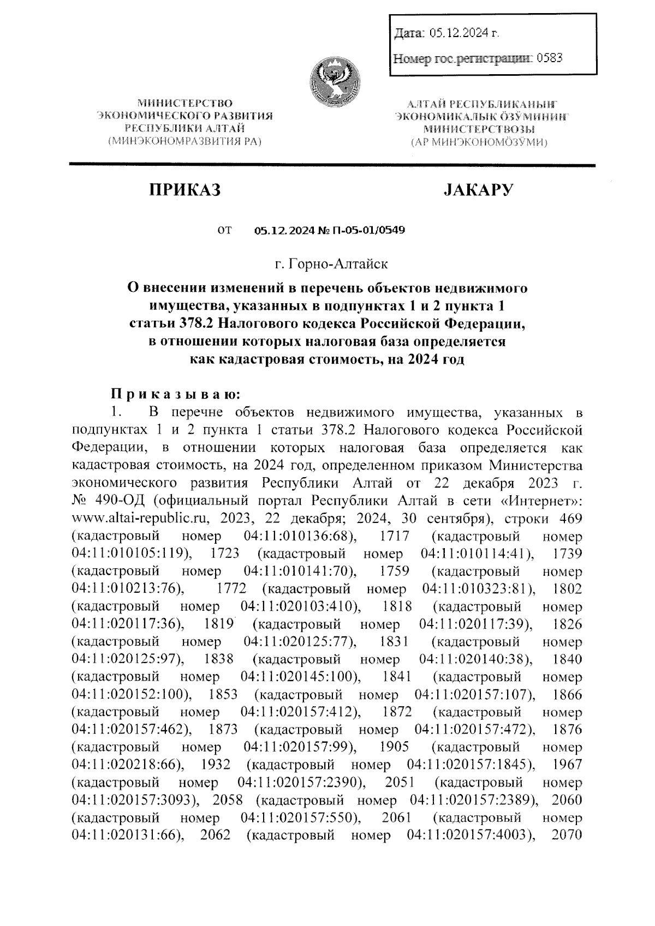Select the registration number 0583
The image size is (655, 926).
click(x=550, y=57)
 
